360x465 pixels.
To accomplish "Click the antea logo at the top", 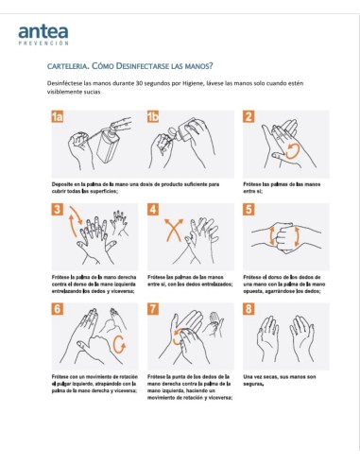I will [x=43, y=33].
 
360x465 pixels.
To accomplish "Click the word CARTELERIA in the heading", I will [x=69, y=67].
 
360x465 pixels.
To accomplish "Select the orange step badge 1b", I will [x=154, y=116].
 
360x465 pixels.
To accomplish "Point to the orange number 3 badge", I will [x=59, y=211].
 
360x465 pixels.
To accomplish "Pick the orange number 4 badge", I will [x=153, y=211].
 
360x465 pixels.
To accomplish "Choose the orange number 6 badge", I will [x=59, y=309].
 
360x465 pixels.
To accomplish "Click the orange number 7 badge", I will [x=153, y=309].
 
